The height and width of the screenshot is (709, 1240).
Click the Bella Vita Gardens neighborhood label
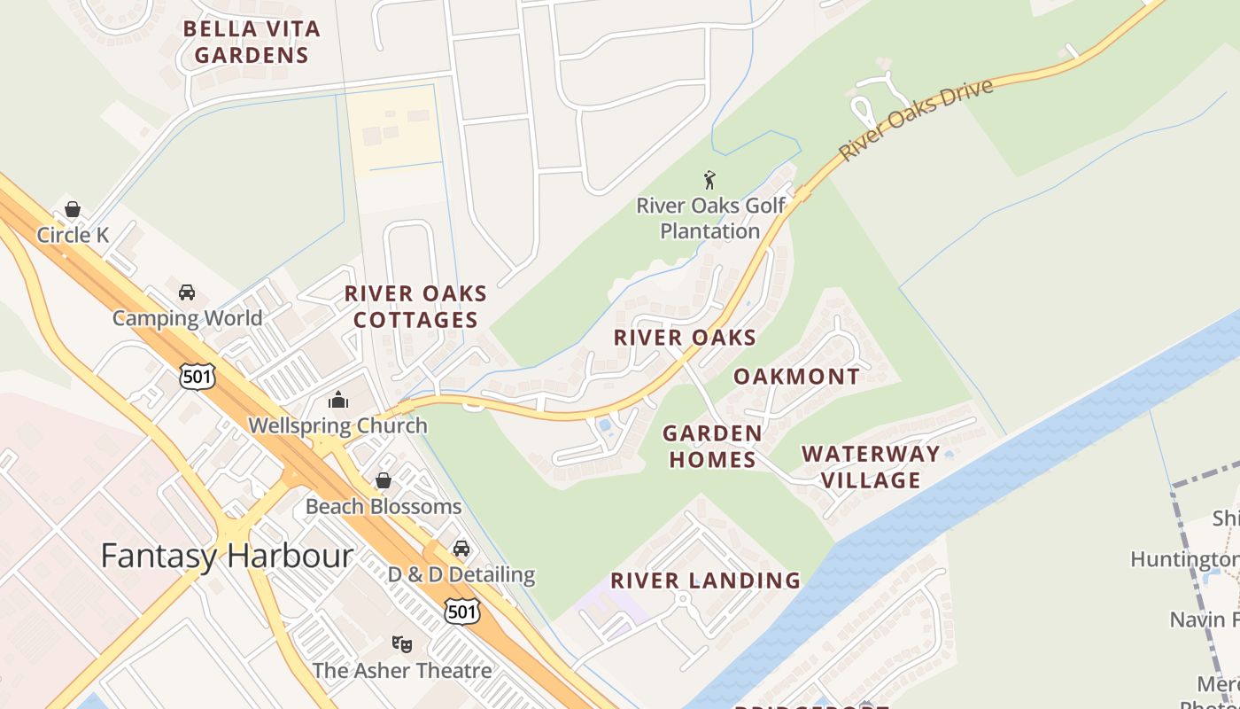252,42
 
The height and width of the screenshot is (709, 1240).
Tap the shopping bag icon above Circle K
73,210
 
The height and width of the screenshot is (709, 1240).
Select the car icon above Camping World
187,292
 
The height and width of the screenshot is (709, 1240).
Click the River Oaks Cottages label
415,307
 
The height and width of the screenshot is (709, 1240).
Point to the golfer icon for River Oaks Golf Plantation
709,181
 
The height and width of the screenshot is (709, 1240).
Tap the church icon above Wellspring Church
338,401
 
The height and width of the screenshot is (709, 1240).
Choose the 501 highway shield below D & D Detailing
462,611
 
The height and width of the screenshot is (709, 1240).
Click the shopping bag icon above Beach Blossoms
384,480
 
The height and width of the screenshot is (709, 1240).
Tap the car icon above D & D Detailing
461,549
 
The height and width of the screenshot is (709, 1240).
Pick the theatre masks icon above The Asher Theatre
402,644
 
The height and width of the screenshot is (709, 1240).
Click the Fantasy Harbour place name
227,557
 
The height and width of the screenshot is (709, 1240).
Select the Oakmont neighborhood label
796,377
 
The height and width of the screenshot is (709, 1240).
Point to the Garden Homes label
712,447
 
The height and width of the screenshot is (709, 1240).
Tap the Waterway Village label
871,467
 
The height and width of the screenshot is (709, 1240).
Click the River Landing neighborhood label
705,581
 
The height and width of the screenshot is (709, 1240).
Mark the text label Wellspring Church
337,425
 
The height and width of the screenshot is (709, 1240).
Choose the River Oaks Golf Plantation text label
710,219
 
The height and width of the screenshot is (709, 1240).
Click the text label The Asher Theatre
402,670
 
